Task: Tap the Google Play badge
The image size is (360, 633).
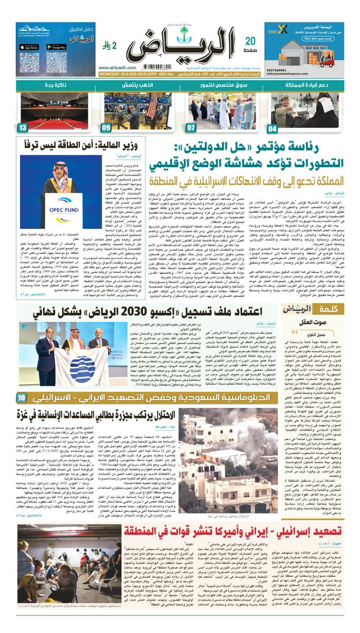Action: [x=56, y=46]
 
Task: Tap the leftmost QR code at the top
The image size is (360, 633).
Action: [x=29, y=63]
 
